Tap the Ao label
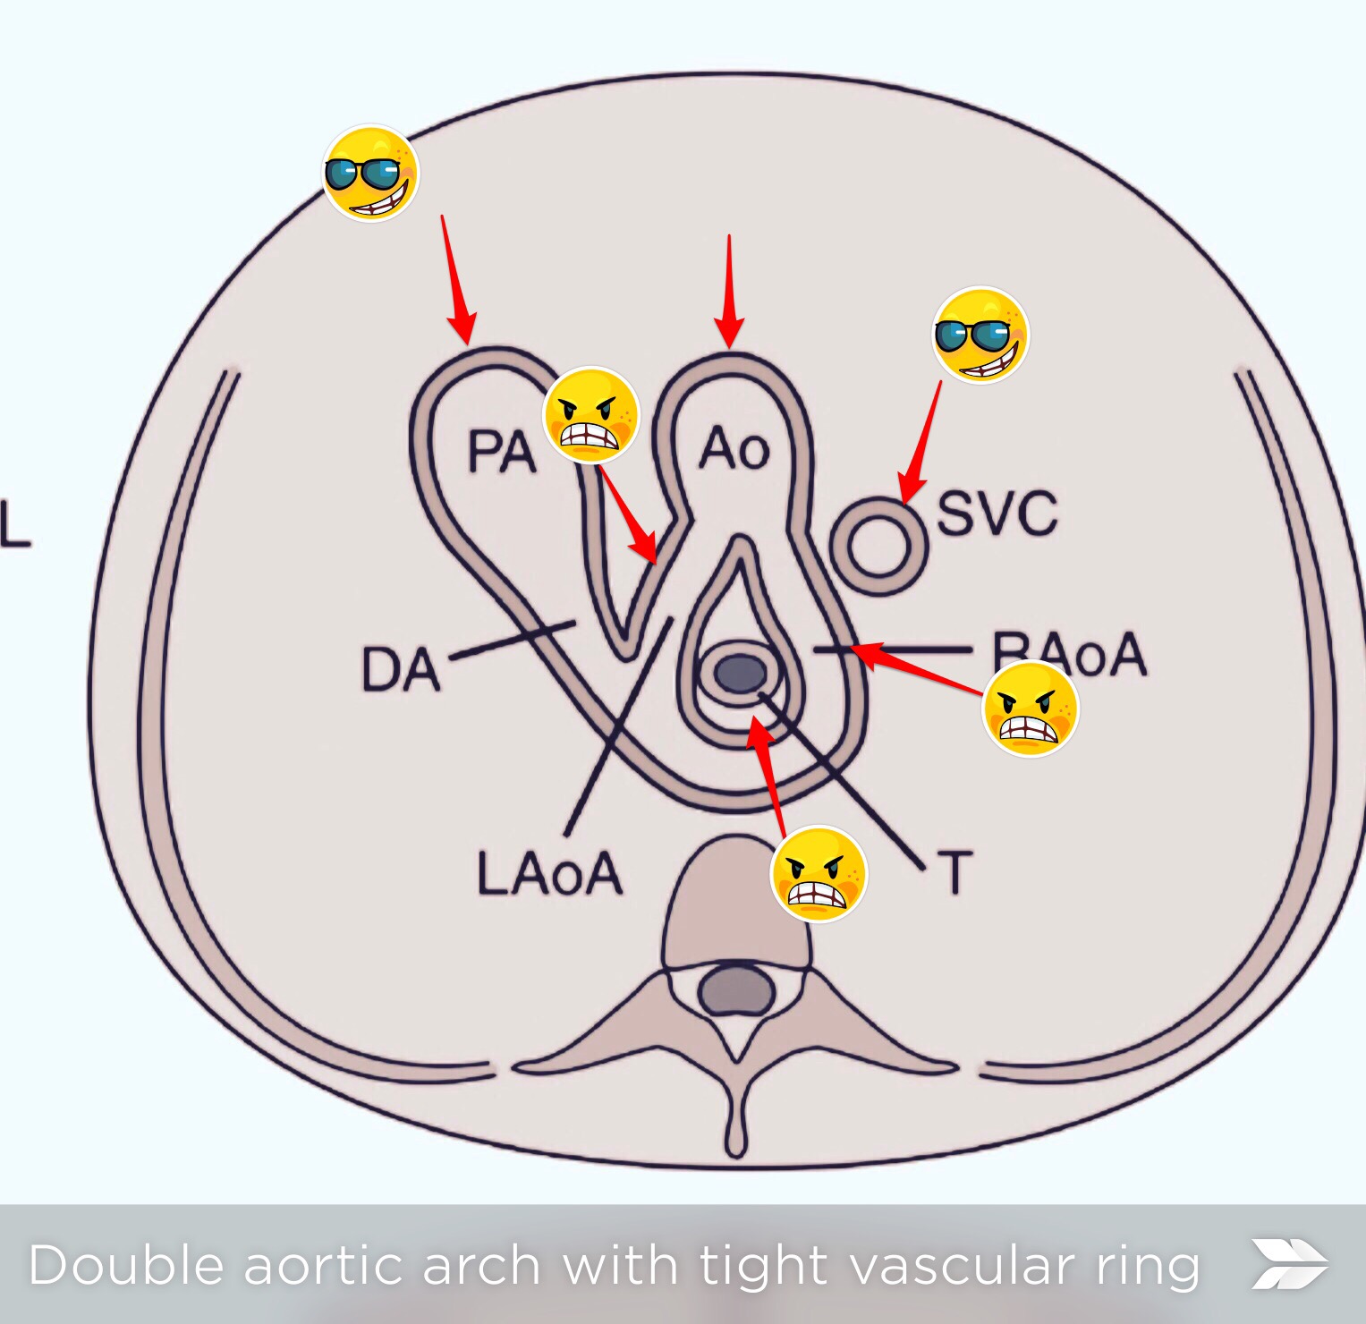pyautogui.click(x=734, y=448)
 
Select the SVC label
pyautogui.click(x=997, y=513)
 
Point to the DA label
pyautogui.click(x=400, y=670)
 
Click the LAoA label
pyautogui.click(x=549, y=873)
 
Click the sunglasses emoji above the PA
pyautogui.click(x=370, y=174)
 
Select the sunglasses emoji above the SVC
pyautogui.click(x=980, y=335)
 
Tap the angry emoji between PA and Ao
pyautogui.click(x=591, y=415)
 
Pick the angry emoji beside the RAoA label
pyautogui.click(x=1031, y=709)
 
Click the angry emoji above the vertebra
pyautogui.click(x=819, y=874)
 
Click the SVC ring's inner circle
pyautogui.click(x=878, y=546)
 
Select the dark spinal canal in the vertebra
pyautogui.click(x=736, y=991)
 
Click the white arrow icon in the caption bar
pyautogui.click(x=1289, y=1264)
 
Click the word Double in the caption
pyautogui.click(x=126, y=1266)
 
